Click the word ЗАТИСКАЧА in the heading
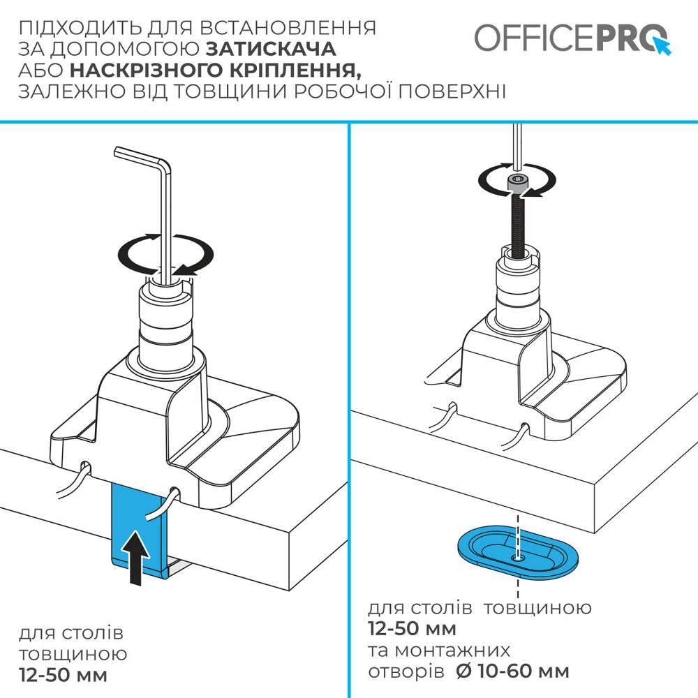pos(271,49)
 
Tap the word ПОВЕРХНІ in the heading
pos(452,91)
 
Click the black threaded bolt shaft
pos(518,227)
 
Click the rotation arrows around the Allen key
pos(165,254)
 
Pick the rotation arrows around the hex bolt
pos(517,180)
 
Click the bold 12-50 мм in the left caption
pos(64,675)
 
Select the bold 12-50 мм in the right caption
pos(413,629)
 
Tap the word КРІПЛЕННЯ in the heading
pos(292,70)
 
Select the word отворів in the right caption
pos(406,671)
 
